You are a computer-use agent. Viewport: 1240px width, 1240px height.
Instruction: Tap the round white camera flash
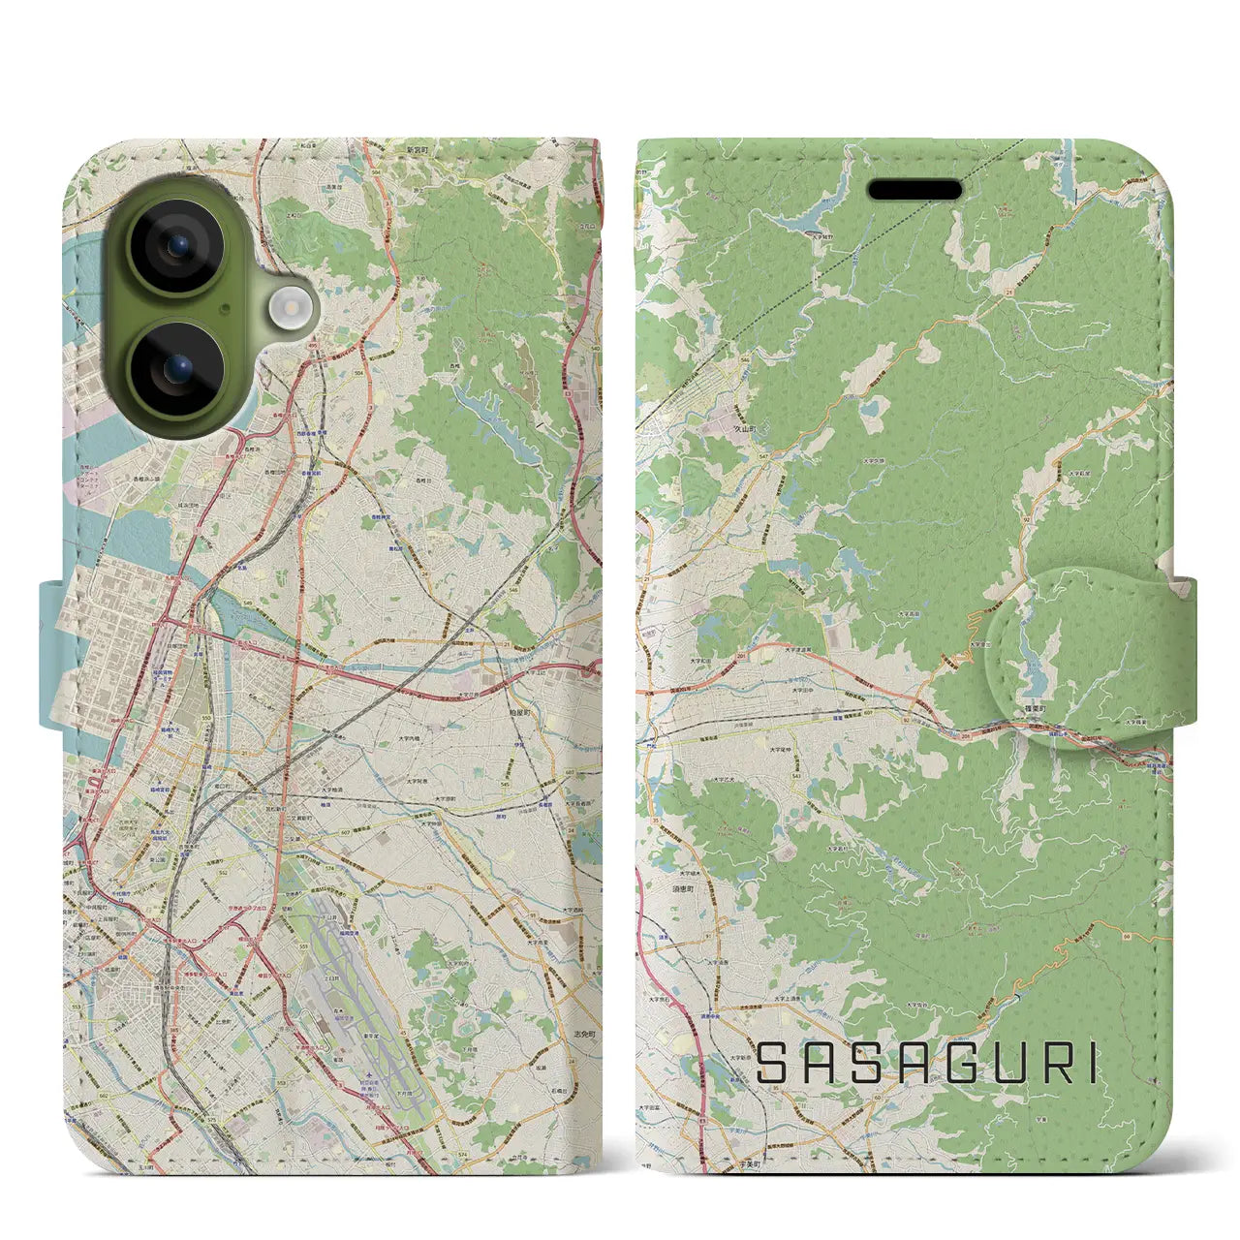pyautogui.click(x=287, y=308)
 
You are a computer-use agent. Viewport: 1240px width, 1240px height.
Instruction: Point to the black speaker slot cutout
pyautogui.click(x=914, y=190)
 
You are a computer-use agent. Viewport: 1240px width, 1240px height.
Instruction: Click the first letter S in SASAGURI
pyautogui.click(x=774, y=1064)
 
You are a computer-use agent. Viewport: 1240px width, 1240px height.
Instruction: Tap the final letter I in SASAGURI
pyautogui.click(x=1093, y=1064)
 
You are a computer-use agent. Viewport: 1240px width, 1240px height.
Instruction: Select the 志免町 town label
pyautogui.click(x=583, y=1034)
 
